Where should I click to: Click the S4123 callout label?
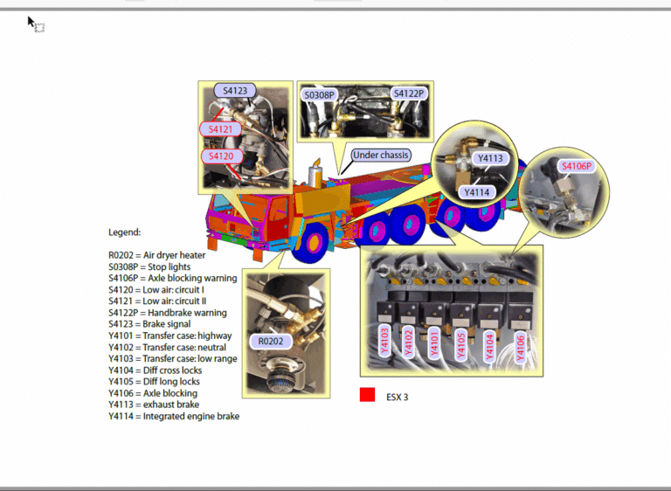235,91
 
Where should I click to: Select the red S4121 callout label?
220,129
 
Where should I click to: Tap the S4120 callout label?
221,156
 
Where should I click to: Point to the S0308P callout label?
319,95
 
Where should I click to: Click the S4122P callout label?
409,93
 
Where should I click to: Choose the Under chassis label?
381,155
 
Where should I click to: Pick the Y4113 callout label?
490,158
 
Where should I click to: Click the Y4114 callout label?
477,192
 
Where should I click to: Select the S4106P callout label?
577,166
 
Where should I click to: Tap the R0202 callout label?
271,342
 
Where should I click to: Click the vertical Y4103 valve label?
384,341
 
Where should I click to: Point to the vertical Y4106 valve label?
521,347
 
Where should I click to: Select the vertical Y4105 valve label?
461,345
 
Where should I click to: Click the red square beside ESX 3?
367,395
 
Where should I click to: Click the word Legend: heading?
125,232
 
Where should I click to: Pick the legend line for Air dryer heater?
156,256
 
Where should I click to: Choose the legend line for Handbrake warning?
168,313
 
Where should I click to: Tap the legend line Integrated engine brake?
174,416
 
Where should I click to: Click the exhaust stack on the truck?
315,172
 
